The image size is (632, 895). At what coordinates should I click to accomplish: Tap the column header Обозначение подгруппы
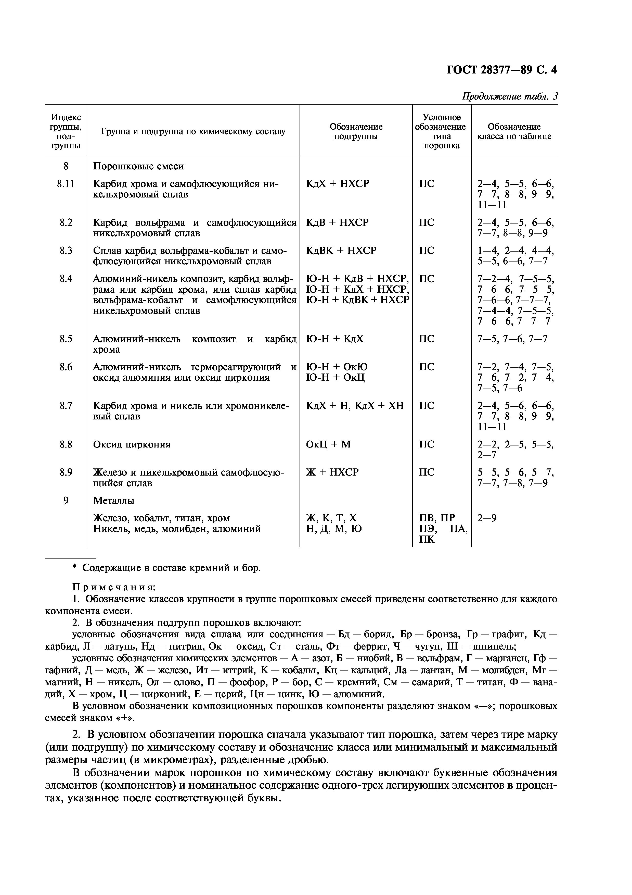356,131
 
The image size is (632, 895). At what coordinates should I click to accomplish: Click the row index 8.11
66,184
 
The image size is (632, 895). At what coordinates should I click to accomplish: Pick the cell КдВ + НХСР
337,222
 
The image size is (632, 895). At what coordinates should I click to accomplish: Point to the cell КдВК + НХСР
341,251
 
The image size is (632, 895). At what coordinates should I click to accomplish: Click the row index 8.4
66,279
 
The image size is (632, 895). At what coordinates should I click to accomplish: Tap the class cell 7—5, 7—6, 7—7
512,339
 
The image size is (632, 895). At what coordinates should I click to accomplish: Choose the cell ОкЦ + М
328,444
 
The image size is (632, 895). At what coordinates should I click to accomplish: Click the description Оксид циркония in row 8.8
132,444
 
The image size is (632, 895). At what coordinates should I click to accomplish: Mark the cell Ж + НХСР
332,473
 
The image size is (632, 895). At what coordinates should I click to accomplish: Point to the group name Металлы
114,501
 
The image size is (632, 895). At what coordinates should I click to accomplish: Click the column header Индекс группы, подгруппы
66,131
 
